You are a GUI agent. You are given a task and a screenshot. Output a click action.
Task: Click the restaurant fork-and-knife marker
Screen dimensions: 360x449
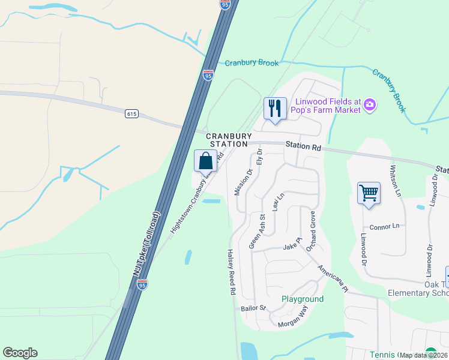click(x=275, y=109)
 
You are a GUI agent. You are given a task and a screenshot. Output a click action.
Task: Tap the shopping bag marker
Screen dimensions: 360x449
click(x=205, y=161)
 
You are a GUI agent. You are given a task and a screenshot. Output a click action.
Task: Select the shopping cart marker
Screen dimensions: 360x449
click(x=369, y=193)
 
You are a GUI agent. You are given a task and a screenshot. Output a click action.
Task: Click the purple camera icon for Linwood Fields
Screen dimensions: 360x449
click(x=370, y=106)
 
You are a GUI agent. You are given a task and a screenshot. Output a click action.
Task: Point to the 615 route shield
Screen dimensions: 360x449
click(x=132, y=113)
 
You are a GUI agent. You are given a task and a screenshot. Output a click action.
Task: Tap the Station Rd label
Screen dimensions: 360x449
click(x=303, y=146)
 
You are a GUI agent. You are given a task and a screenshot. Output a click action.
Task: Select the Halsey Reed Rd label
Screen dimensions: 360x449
click(x=231, y=272)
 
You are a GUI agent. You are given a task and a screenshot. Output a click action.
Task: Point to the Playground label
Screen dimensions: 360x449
click(x=303, y=299)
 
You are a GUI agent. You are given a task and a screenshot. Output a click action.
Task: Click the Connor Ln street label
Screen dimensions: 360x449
click(x=385, y=226)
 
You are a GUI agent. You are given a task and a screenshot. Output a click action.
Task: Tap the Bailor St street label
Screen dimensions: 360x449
click(x=253, y=308)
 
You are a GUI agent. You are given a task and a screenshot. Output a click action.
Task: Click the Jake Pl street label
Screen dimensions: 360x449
click(x=291, y=247)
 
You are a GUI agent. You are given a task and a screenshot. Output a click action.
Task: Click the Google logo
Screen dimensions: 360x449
click(x=20, y=353)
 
